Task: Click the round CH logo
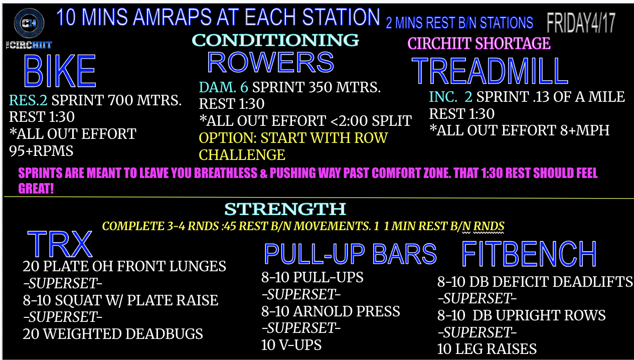pyautogui.click(x=29, y=23)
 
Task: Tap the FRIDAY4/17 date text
pyautogui.click(x=581, y=23)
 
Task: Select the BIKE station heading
pyautogui.click(x=60, y=71)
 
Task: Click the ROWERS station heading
pyautogui.click(x=270, y=62)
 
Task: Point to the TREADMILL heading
pyautogui.click(x=490, y=71)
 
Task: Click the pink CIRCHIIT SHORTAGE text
pyautogui.click(x=479, y=43)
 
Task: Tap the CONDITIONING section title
pyautogui.click(x=275, y=40)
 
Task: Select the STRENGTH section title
pyautogui.click(x=285, y=209)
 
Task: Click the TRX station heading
pyautogui.click(x=60, y=244)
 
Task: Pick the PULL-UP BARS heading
pyautogui.click(x=351, y=254)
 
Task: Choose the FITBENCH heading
pyautogui.click(x=529, y=254)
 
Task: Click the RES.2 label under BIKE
pyautogui.click(x=28, y=100)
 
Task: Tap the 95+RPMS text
pyautogui.click(x=41, y=151)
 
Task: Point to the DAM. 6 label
pyautogui.click(x=223, y=87)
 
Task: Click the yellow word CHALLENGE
pyautogui.click(x=242, y=155)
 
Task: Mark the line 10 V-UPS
pyautogui.click(x=291, y=345)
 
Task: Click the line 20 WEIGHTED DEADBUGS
pyautogui.click(x=113, y=334)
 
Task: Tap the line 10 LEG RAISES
pyautogui.click(x=487, y=349)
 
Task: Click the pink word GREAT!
pyautogui.click(x=36, y=188)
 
